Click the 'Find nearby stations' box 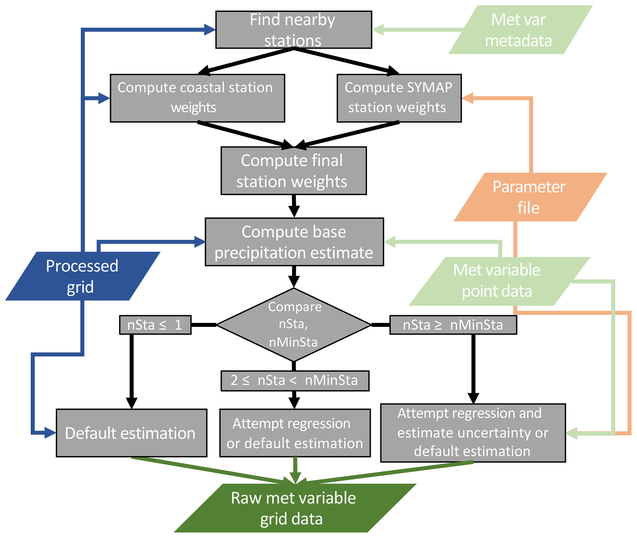click(x=293, y=30)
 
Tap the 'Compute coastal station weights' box click(x=197, y=98)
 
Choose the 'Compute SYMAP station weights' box click(x=399, y=98)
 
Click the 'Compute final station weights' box click(x=293, y=170)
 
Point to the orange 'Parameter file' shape click(x=530, y=197)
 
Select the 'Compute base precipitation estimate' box click(x=294, y=242)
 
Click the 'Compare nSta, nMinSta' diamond click(x=294, y=324)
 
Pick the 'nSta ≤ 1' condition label click(x=155, y=325)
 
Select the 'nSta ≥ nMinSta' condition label click(x=453, y=325)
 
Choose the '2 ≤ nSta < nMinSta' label click(x=295, y=381)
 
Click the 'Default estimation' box click(x=131, y=433)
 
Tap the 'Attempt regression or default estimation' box click(x=295, y=433)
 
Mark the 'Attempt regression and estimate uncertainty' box click(x=473, y=433)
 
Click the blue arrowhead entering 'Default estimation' click(x=50, y=433)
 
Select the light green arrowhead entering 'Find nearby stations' click(x=378, y=30)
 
